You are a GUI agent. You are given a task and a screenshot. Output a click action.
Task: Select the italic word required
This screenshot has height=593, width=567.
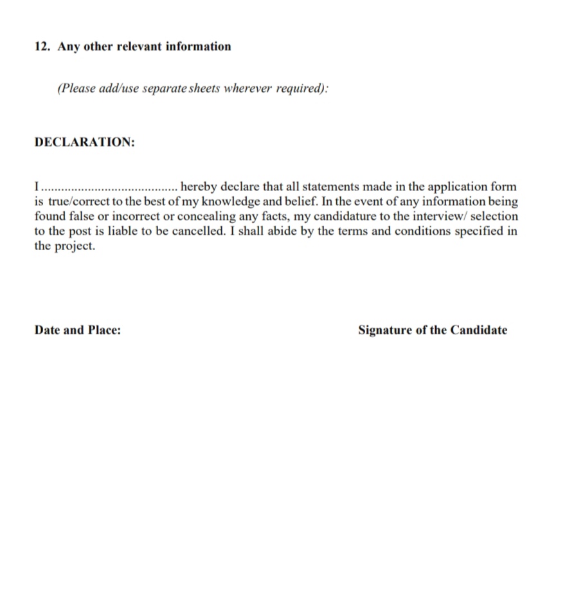tap(300, 88)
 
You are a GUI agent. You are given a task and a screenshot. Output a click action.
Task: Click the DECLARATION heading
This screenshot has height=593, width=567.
tap(85, 142)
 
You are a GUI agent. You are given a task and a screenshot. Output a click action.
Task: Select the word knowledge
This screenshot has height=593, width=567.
tap(238, 202)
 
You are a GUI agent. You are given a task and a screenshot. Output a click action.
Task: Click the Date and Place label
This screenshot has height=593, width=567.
tap(78, 331)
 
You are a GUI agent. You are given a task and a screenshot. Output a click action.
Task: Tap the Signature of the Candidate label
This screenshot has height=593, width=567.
tap(433, 331)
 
